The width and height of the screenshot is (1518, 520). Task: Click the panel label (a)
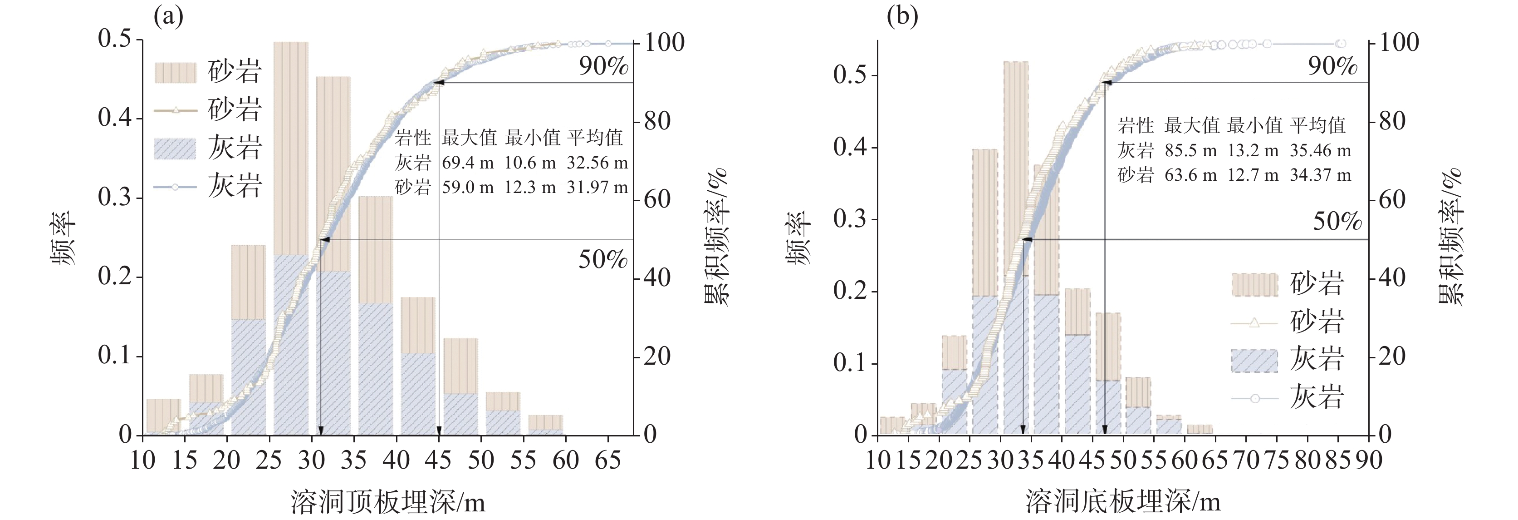click(x=168, y=16)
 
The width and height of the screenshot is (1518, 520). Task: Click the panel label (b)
click(x=902, y=16)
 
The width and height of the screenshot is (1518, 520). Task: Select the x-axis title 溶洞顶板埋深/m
click(x=388, y=502)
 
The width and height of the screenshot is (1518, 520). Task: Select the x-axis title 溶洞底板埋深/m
click(x=1122, y=502)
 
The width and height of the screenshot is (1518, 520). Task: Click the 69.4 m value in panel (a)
click(x=468, y=163)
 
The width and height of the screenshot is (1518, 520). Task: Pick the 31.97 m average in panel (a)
click(x=597, y=188)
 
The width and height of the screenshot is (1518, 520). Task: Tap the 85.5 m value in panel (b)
click(x=1190, y=150)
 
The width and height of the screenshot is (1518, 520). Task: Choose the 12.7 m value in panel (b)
click(x=1253, y=175)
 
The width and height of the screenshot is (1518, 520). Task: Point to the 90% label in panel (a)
click(x=603, y=66)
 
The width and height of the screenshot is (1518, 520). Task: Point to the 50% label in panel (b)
click(x=1337, y=221)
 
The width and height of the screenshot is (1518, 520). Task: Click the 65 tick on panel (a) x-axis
click(x=607, y=460)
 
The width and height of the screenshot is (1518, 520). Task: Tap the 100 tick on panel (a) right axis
click(x=664, y=42)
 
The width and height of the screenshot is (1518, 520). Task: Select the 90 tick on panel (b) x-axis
click(x=1368, y=460)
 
